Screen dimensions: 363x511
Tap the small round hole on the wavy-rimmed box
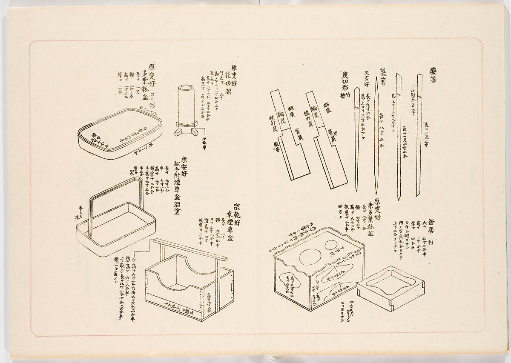click(331, 246)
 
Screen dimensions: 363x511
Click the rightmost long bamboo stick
click(419, 136)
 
